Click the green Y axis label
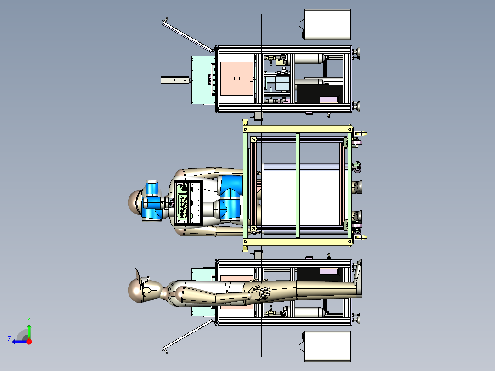pyautogui.click(x=29, y=319)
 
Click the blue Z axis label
pyautogui.click(x=9, y=339)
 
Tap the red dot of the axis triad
pyautogui.click(x=29, y=342)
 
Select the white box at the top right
pyautogui.click(x=327, y=24)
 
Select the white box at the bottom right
pyautogui.click(x=327, y=346)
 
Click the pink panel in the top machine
pyautogui.click(x=237, y=79)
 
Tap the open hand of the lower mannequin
pyautogui.click(x=259, y=292)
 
